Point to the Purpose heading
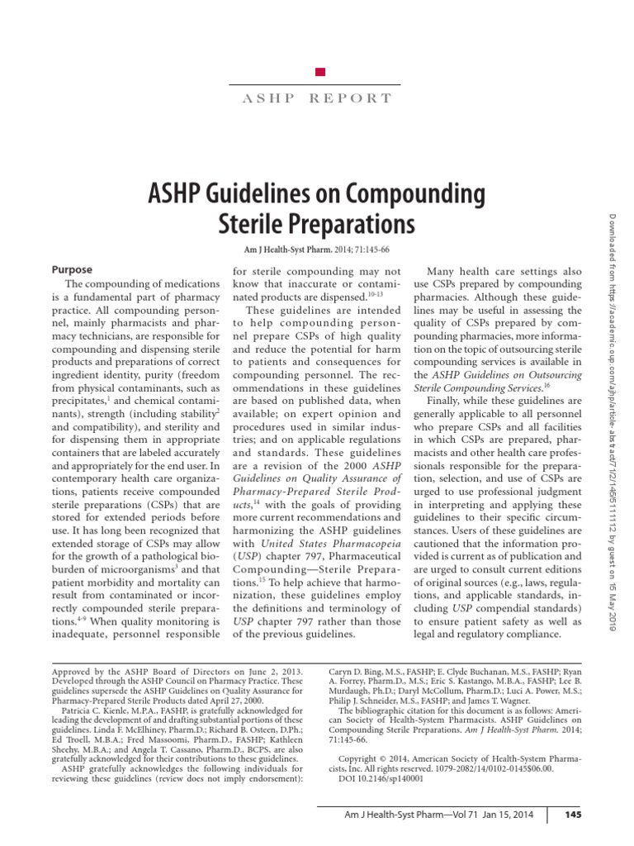(x=73, y=269)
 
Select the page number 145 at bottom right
(x=575, y=815)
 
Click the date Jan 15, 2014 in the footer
(x=506, y=815)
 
